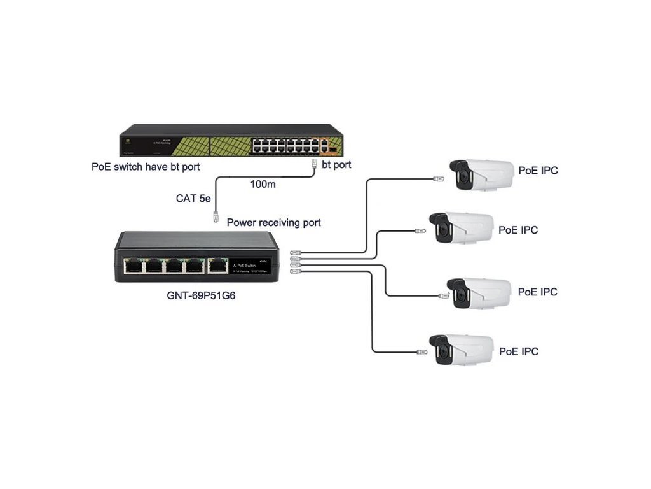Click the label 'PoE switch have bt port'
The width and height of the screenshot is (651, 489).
click(146, 167)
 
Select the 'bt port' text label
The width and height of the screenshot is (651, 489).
click(336, 165)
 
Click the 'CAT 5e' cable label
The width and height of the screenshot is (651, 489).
click(193, 199)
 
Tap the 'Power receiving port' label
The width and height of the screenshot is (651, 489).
click(273, 222)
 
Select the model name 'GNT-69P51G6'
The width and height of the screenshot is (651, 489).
click(196, 296)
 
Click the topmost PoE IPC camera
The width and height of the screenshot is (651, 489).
click(481, 174)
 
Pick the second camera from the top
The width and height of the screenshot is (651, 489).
click(461, 228)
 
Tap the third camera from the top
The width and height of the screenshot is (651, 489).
click(479, 293)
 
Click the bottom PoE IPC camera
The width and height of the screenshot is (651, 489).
click(461, 350)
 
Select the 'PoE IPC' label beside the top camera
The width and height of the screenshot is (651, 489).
click(538, 170)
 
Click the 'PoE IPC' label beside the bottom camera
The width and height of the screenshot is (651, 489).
click(519, 351)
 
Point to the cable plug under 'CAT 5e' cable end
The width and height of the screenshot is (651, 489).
click(216, 216)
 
